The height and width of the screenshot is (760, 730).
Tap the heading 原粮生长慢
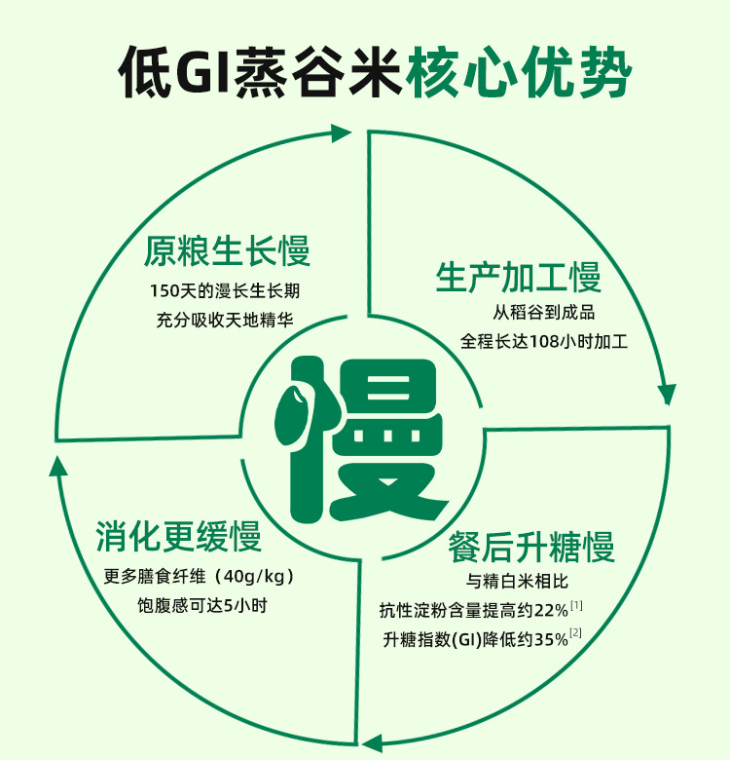point(227,251)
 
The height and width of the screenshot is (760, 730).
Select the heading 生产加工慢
point(518,278)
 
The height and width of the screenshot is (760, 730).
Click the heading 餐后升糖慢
point(531,547)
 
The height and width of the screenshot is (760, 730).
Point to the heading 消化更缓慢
point(178,537)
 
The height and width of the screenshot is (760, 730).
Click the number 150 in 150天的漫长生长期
point(165,290)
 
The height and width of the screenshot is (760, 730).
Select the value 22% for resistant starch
point(552,611)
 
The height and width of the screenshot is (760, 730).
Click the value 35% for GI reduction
point(552,640)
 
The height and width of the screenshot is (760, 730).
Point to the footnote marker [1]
point(577,606)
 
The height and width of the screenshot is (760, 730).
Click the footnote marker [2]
point(577,634)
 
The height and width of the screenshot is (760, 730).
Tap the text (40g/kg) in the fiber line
point(252,575)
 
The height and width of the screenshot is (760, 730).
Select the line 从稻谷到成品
point(543,314)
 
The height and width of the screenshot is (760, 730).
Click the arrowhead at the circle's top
point(341,133)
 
